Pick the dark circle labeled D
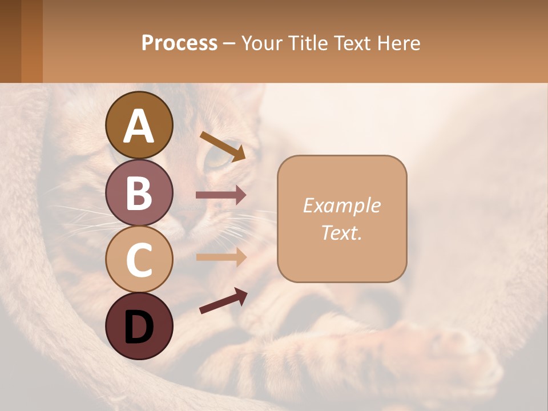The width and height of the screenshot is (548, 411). tap(139, 326)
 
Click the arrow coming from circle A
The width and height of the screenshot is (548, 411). tap(223, 146)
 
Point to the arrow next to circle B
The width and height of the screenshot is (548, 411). tap(221, 195)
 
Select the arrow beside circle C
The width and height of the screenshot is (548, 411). tap(221, 257)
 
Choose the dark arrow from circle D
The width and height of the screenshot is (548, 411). tap(223, 301)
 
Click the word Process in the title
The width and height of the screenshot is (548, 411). tap(179, 43)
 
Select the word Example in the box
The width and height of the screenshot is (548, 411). tap(342, 205)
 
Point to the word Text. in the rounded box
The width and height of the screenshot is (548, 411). tap(342, 232)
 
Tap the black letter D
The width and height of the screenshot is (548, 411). tap(139, 327)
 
